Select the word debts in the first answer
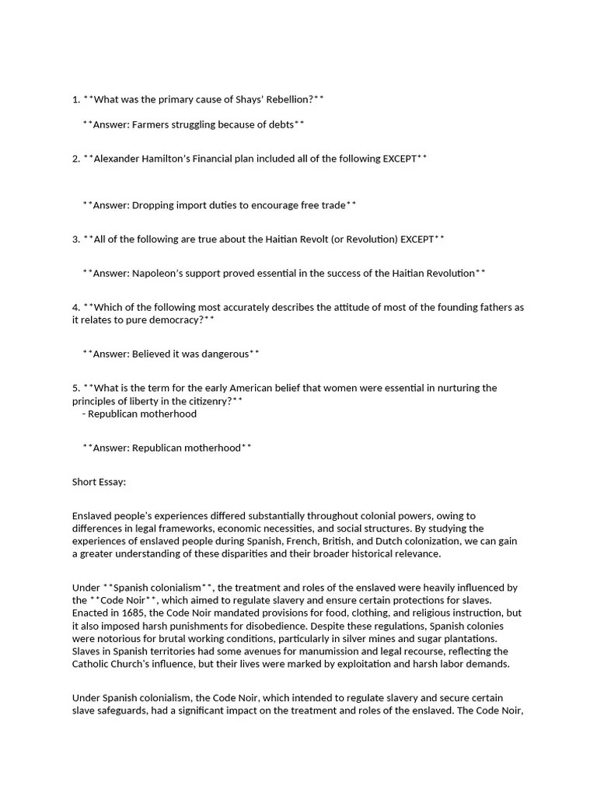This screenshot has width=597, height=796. click(281, 124)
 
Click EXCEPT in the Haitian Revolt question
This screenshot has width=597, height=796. click(417, 239)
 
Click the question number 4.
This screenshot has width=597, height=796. click(75, 307)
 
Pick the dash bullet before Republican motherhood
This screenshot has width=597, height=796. click(83, 414)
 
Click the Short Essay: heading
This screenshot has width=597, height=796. click(99, 482)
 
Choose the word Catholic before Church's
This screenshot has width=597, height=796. click(92, 664)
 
